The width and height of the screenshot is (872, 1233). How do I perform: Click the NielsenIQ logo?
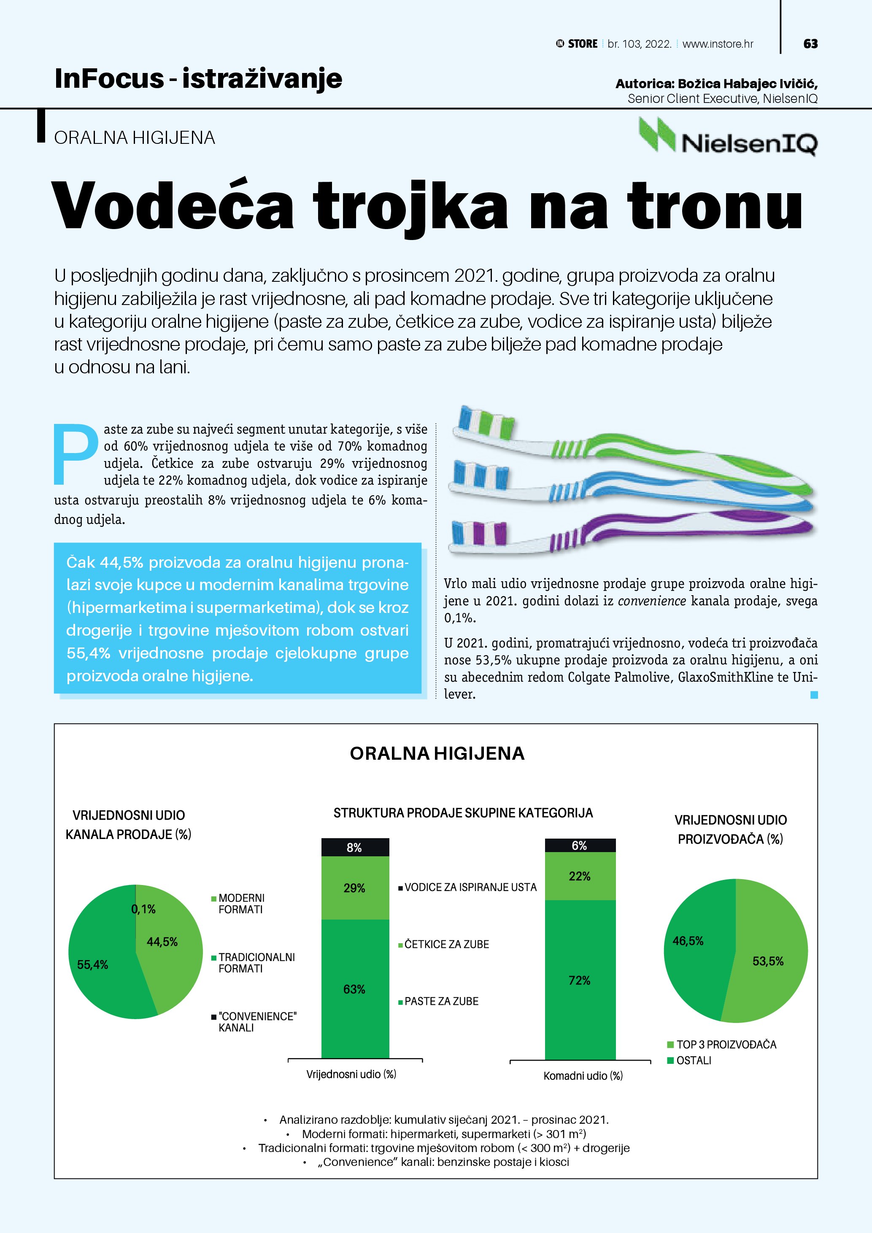pos(728,138)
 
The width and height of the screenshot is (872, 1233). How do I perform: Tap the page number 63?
pos(810,44)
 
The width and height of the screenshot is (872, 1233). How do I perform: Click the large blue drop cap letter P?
pos(76,454)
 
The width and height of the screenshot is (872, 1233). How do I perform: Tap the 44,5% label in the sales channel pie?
pos(162,942)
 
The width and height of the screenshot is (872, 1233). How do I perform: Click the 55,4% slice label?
pos(92,964)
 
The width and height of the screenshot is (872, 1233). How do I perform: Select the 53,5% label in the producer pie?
pos(767,961)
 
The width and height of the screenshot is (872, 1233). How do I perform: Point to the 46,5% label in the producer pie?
pos(688,940)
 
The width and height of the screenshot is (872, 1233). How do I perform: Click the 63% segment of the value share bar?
pos(354,989)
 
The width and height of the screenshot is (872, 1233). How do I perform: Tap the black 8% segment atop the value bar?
pos(354,847)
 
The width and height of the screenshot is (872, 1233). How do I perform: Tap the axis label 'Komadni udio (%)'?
pos(583,1076)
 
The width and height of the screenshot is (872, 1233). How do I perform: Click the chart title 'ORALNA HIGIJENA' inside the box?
pos(437,753)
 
